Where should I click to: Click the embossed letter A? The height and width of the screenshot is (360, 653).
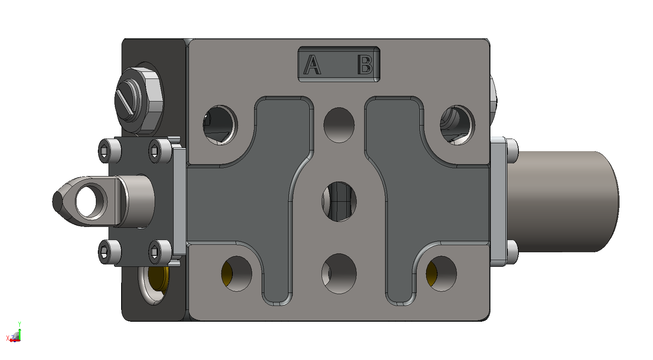pos(312,65)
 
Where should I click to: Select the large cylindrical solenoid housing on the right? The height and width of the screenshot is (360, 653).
pos(563,202)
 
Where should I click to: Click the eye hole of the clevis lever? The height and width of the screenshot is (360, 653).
pos(86,201)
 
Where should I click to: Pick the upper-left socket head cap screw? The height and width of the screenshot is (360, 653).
pos(109,151)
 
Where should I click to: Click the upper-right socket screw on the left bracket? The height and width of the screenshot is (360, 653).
pos(160,151)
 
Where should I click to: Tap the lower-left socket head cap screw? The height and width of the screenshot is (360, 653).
pos(109,252)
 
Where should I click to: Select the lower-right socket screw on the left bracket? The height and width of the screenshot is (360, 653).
pos(160,252)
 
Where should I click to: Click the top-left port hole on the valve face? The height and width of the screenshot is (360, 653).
pos(220,125)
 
